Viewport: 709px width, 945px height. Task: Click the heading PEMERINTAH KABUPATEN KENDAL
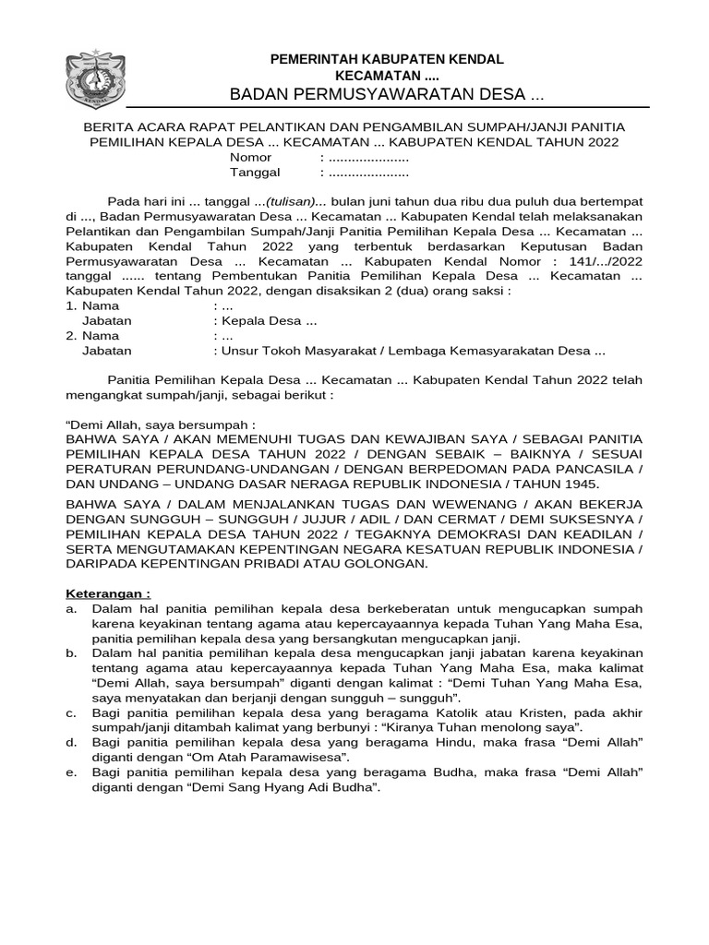386,59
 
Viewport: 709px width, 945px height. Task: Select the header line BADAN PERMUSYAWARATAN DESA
386,95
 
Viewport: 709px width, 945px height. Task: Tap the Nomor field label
250,158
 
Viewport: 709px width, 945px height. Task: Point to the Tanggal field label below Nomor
255,173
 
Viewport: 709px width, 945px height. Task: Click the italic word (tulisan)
291,201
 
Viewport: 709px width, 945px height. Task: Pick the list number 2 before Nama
70,336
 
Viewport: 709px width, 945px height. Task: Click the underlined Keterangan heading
107,593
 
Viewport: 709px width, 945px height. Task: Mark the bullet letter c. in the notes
71,713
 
